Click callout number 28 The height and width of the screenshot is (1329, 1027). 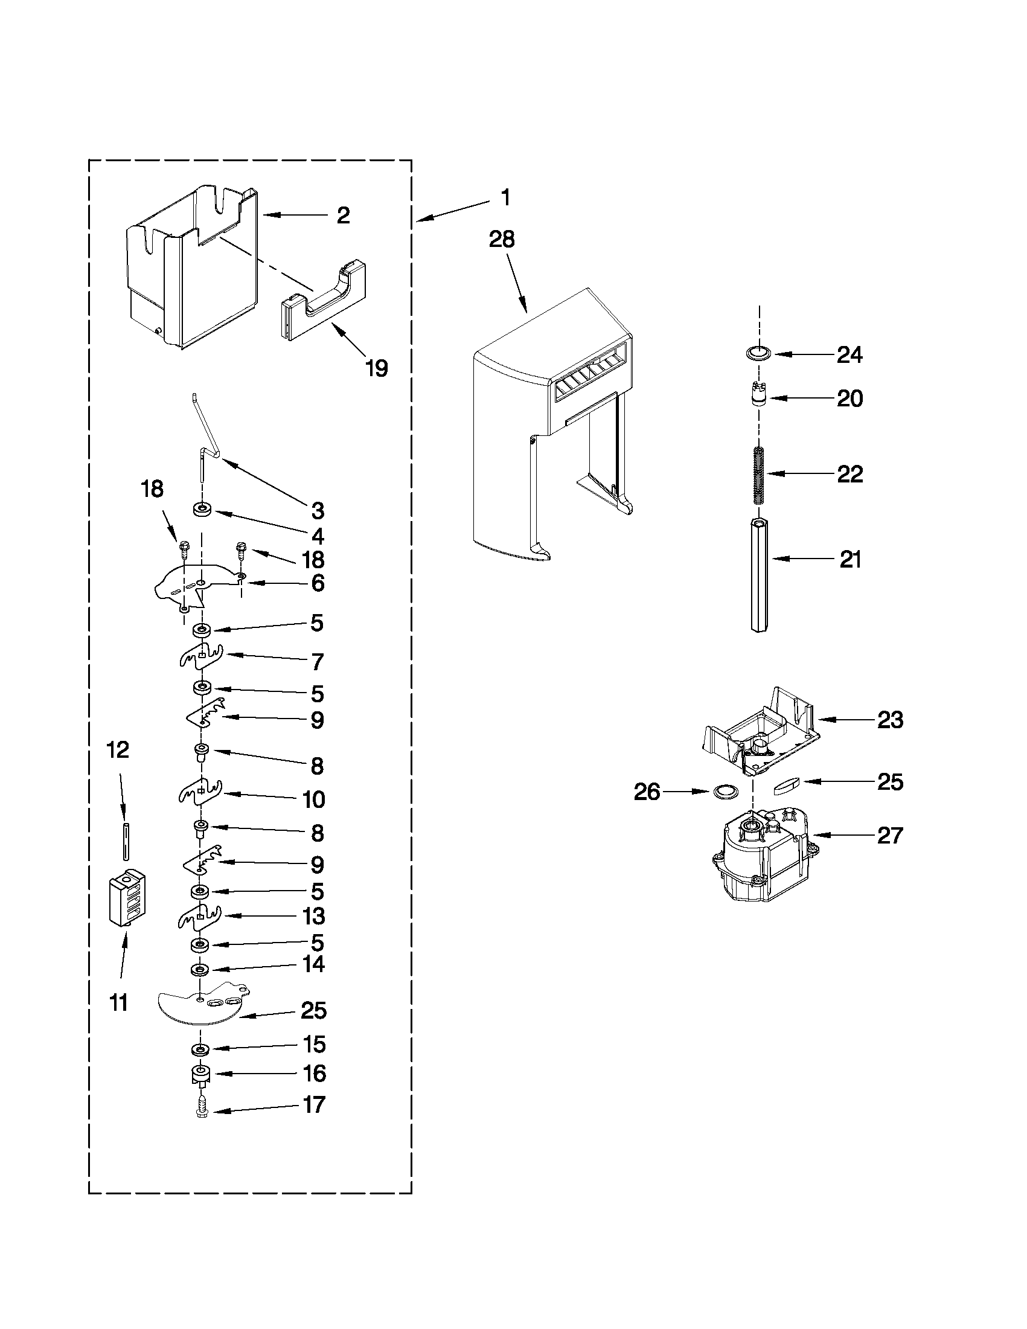coord(502,239)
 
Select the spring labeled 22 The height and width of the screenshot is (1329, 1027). coord(758,476)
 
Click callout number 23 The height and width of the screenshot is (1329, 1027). coord(890,720)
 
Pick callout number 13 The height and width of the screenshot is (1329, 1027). coord(314,933)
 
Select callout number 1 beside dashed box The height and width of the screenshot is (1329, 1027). coord(505,198)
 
